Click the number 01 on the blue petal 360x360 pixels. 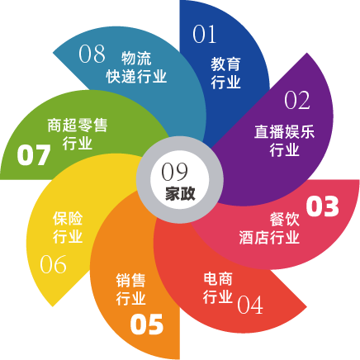[x=204, y=34]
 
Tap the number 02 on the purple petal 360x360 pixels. [x=297, y=100]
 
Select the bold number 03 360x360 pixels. [x=322, y=206]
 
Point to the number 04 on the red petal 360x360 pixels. [x=250, y=305]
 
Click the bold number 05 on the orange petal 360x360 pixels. [x=147, y=324]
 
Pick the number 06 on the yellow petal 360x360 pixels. [x=53, y=264]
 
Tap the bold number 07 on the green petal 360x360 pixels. [x=34, y=155]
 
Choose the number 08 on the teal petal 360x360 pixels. [x=92, y=54]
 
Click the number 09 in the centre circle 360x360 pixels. [x=174, y=172]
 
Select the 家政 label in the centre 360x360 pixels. [x=180, y=194]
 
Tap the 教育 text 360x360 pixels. [x=225, y=64]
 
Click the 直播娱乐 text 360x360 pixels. [x=284, y=131]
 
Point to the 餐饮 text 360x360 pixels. [x=285, y=220]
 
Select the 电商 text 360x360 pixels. [x=218, y=279]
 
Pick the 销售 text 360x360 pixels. [x=130, y=280]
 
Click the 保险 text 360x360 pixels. [x=68, y=219]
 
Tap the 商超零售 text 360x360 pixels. [x=78, y=126]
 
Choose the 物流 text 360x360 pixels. [x=136, y=58]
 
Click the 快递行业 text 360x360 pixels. [x=136, y=76]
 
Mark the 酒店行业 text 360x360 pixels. [x=269, y=237]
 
